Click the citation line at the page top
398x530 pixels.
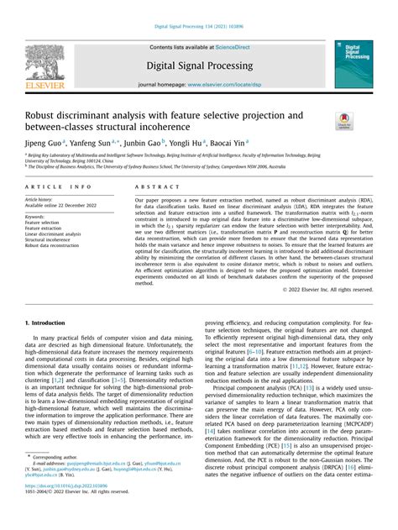[x=199, y=28]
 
